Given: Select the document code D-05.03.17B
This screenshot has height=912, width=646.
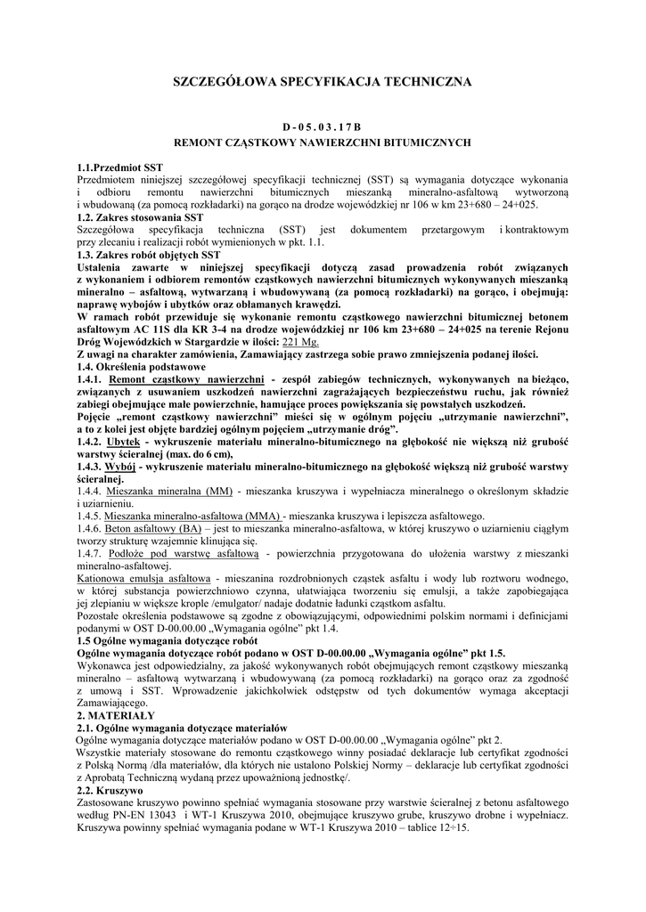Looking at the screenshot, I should coord(322,126).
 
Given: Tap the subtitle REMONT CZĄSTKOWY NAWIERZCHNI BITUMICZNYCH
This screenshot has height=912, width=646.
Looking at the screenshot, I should coord(322,142).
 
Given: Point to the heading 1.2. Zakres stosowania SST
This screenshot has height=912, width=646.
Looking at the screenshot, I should coord(141,216).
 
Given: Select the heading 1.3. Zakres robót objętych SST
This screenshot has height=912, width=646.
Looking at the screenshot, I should coord(149,254).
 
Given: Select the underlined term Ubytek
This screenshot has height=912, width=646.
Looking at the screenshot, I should coord(122,441).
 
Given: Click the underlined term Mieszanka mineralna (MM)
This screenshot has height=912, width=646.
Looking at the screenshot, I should coord(168,491).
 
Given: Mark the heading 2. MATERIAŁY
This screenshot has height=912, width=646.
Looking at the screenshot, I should coord(117,715).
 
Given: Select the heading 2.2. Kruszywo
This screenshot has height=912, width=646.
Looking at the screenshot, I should coord(111,790).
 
